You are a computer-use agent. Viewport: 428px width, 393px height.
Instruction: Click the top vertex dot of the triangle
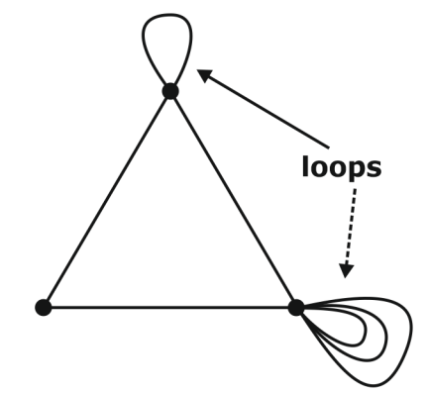pyautogui.click(x=170, y=91)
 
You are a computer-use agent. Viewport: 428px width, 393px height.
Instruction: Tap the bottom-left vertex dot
pyautogui.click(x=43, y=307)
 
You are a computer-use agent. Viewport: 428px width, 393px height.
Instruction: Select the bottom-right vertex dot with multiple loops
pyautogui.click(x=295, y=307)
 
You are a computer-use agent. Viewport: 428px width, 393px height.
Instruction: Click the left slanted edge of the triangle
pyautogui.click(x=107, y=198)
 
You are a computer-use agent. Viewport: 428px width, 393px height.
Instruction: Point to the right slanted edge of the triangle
pyautogui.click(x=233, y=198)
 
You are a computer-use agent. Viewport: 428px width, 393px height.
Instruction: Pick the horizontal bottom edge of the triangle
pyautogui.click(x=168, y=307)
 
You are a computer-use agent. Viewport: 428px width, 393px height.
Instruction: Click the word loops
pyautogui.click(x=341, y=167)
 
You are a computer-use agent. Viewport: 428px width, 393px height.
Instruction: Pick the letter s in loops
pyautogui.click(x=374, y=167)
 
